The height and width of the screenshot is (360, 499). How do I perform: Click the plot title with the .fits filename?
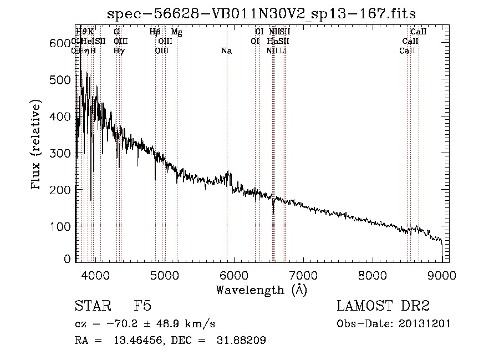point(261,13)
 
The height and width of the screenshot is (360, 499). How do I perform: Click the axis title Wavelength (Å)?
point(261,290)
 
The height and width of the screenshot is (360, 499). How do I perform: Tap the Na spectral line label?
point(226,51)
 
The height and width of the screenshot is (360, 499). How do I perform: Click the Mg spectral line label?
point(177,32)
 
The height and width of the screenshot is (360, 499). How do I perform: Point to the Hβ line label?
point(155,32)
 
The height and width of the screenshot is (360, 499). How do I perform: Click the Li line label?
point(283,51)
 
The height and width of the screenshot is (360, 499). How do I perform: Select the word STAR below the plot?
point(91,306)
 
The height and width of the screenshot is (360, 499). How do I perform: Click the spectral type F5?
point(142,306)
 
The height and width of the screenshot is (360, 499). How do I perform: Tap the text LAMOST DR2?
point(383,306)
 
